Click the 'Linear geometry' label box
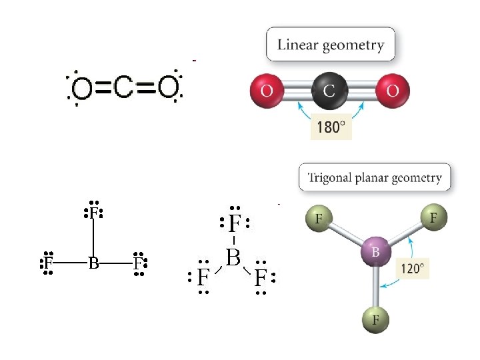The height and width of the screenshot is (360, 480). (x=330, y=45)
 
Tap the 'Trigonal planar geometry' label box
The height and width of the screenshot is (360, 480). (x=375, y=178)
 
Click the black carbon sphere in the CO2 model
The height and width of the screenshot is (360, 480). (x=329, y=90)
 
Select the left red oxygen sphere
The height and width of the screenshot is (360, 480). (x=267, y=90)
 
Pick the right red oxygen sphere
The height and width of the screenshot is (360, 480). (x=392, y=90)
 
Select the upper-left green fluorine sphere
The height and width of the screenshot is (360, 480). (x=320, y=218)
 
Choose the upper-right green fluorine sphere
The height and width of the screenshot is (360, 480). (x=433, y=217)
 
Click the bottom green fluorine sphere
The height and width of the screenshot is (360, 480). (x=376, y=320)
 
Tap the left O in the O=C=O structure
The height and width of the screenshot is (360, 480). (x=82, y=88)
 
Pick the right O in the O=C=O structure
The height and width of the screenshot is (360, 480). (x=167, y=87)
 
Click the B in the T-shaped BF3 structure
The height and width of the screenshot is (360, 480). (x=93, y=263)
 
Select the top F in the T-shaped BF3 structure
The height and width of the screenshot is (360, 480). (x=93, y=213)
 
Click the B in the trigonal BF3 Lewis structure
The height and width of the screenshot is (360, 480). (x=233, y=256)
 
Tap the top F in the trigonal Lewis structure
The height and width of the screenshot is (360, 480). (x=234, y=223)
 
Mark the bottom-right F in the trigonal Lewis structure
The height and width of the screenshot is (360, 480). (x=261, y=277)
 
